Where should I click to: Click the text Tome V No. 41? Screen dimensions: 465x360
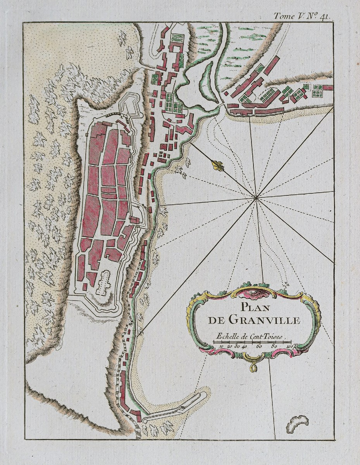pos(301,16)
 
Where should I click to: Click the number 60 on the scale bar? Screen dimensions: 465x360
pos(259,347)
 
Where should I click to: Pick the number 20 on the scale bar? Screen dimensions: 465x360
pos(229,347)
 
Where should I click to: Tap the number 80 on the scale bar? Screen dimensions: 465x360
pos(274,347)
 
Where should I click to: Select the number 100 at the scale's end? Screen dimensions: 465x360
pos(290,346)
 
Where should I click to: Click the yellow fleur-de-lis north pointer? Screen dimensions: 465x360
pos(218,165)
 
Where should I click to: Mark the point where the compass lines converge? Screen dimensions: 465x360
pos(256,198)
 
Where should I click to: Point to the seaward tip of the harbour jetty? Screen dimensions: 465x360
pos(203,395)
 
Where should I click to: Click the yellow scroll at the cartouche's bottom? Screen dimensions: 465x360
pos(254,367)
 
